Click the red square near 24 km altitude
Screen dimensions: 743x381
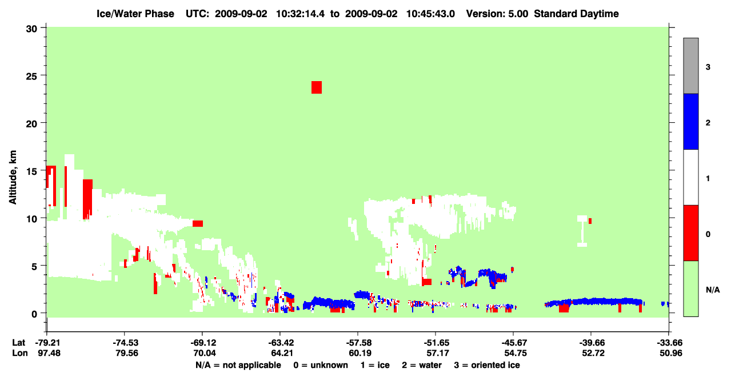click(317, 87)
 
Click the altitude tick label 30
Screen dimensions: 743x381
click(31, 29)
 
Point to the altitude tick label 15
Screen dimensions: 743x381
click(31, 171)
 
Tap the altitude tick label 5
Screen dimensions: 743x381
click(34, 266)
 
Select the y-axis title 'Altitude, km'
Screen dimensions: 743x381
click(13, 177)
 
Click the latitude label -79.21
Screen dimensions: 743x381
click(48, 343)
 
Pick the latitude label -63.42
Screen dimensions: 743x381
click(281, 343)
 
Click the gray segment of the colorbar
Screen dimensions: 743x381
click(691, 66)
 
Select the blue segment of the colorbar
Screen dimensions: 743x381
click(691, 121)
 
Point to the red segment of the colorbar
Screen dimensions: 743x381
click(691, 233)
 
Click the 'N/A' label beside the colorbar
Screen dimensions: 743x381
click(713, 290)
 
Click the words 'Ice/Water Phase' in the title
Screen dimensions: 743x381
click(135, 14)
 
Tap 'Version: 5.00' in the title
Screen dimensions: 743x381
click(497, 14)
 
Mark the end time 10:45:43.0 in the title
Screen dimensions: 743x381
click(430, 14)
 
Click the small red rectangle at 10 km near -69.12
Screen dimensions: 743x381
click(198, 223)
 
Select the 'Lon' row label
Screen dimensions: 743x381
click(20, 353)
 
